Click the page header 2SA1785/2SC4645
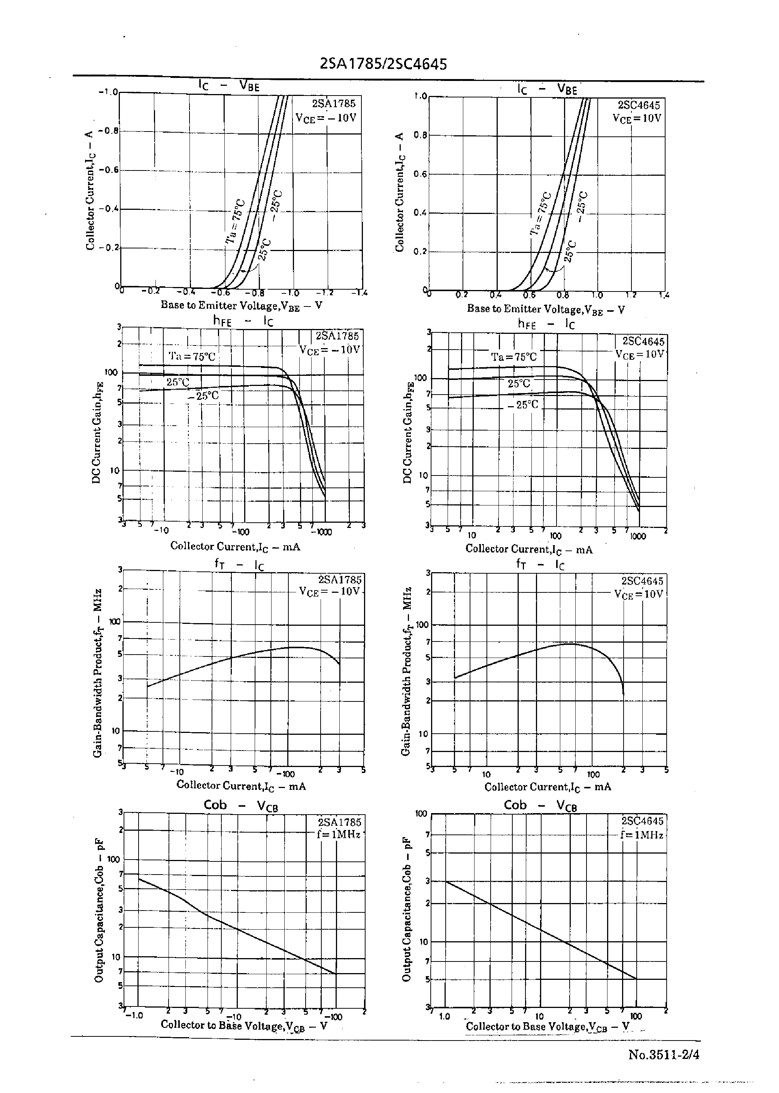pyautogui.click(x=383, y=64)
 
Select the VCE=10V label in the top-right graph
pyautogui.click(x=637, y=118)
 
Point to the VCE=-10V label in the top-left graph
pyautogui.click(x=326, y=118)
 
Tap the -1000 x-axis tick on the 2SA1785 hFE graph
pyautogui.click(x=321, y=532)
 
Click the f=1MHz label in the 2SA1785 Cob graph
pyautogui.click(x=338, y=834)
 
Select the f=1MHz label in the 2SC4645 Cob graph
pyautogui.click(x=641, y=835)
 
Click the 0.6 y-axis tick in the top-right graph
pyautogui.click(x=420, y=174)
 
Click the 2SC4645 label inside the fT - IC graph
pyautogui.click(x=642, y=581)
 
